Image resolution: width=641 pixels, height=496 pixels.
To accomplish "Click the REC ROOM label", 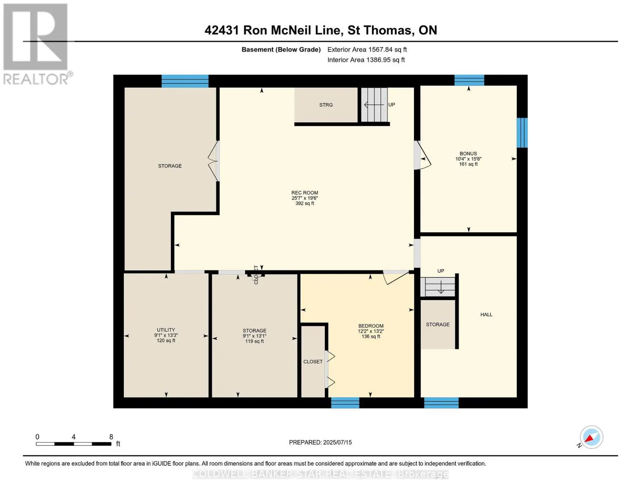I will (x=305, y=193).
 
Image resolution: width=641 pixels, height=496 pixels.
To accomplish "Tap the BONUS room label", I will (x=468, y=154).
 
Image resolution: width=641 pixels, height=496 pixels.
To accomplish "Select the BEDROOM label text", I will (x=371, y=326).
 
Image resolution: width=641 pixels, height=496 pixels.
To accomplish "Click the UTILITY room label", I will (x=166, y=330).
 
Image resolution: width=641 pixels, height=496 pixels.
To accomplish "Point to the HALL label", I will (x=486, y=315).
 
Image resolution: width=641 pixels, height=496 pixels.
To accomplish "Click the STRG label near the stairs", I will (x=326, y=105).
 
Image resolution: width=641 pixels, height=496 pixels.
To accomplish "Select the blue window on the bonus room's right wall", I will (x=522, y=133).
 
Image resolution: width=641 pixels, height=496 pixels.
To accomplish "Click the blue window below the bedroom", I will (x=345, y=403).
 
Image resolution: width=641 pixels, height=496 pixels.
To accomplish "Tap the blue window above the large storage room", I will (x=185, y=81).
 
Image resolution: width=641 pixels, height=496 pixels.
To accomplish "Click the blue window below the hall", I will (x=441, y=403).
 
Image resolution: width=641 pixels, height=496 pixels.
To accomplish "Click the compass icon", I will (x=591, y=437).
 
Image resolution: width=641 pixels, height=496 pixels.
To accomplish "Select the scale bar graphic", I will (x=73, y=444).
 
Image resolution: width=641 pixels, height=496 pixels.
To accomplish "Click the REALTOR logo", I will (x=36, y=44).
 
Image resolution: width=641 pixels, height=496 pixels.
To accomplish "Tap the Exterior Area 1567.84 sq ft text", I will (x=367, y=50).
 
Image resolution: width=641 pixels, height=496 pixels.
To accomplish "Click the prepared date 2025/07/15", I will (x=320, y=442).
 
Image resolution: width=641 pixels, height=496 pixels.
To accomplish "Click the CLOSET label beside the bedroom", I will (x=313, y=362).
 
